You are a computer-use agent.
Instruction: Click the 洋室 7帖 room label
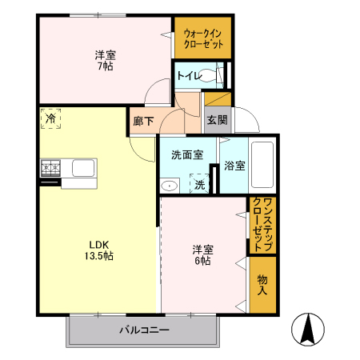[x=104, y=61]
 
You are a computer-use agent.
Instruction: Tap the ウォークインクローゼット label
[x=203, y=38]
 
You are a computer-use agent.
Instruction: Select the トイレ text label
[x=188, y=76]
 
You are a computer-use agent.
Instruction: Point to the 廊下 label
[x=143, y=121]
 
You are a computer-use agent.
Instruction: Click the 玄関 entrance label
[x=217, y=120]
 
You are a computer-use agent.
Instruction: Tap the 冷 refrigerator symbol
[x=50, y=118]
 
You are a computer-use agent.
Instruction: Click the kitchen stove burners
[x=50, y=168]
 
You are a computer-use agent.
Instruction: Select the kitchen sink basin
[x=83, y=169]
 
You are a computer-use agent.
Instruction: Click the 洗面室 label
[x=186, y=155]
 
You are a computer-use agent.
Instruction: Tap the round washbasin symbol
[x=170, y=185]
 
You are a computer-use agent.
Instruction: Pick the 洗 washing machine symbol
[x=199, y=184]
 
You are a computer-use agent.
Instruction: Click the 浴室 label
[x=234, y=166]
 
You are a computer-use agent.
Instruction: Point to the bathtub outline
[x=262, y=165]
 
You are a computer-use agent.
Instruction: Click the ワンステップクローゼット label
[x=262, y=225]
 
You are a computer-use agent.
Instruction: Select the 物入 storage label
[x=262, y=285]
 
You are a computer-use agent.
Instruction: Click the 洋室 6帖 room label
[x=201, y=254]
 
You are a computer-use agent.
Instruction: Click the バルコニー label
[x=144, y=330]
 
